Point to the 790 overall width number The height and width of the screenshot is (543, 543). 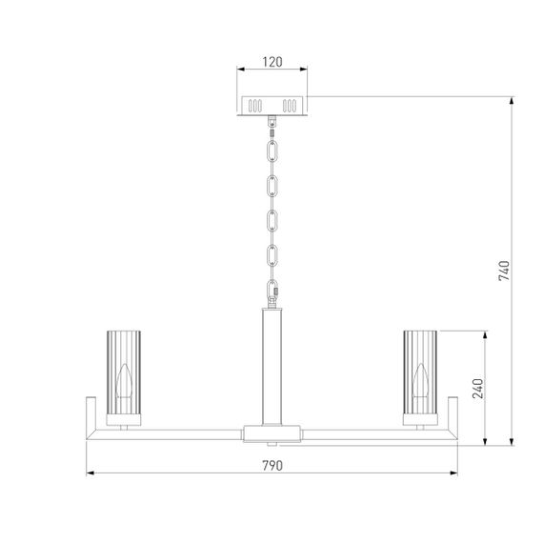pos(272,466)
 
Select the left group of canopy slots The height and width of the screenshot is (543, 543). pos(255,105)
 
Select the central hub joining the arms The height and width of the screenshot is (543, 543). pos(272,433)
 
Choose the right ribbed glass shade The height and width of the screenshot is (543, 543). pos(422,375)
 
